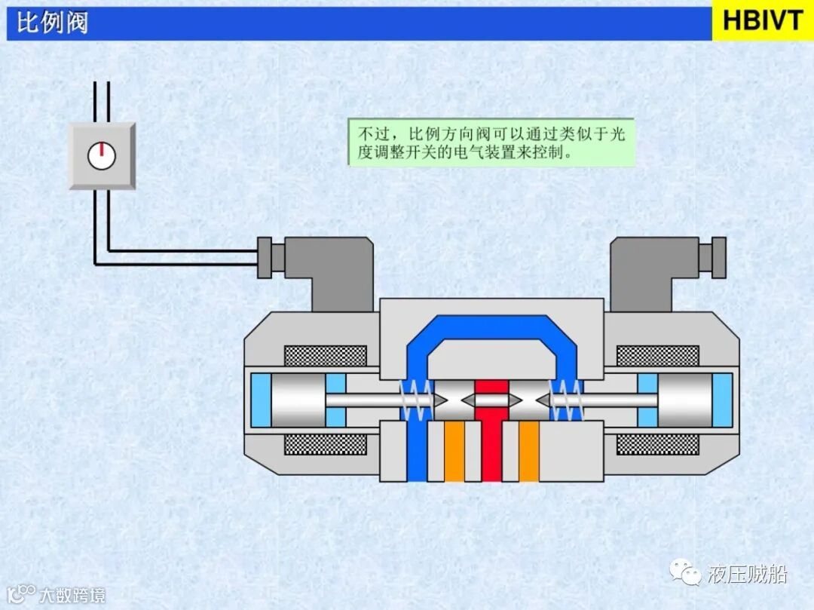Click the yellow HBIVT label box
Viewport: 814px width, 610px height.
(763, 20)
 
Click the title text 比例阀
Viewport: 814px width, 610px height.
(52, 22)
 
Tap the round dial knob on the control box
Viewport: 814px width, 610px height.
(102, 155)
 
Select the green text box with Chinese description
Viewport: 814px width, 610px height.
(491, 142)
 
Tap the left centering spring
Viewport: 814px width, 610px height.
(416, 400)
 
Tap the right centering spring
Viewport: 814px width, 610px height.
(567, 400)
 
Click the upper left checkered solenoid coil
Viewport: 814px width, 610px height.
(325, 355)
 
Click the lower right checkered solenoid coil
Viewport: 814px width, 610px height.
(657, 444)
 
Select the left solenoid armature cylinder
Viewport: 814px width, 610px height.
(297, 400)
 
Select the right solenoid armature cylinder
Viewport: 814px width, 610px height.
(685, 400)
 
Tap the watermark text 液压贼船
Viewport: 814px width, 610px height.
(747, 575)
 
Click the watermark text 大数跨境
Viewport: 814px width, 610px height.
(72, 594)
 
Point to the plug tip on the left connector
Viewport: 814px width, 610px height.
(264, 257)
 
